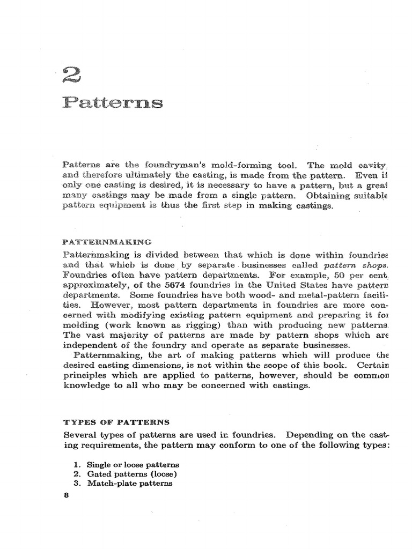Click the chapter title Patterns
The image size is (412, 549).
click(113, 102)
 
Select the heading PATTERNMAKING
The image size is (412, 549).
click(107, 242)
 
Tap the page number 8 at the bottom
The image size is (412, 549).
click(67, 495)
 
